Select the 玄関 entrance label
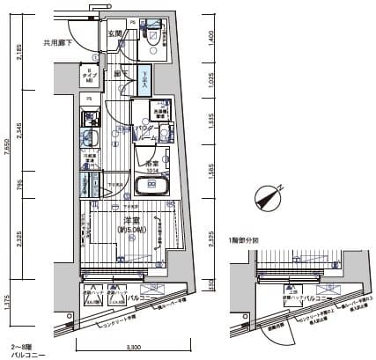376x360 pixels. click(x=114, y=33)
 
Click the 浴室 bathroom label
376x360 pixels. click(x=151, y=164)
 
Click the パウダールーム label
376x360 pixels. click(x=147, y=133)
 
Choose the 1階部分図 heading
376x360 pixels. click(x=243, y=239)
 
